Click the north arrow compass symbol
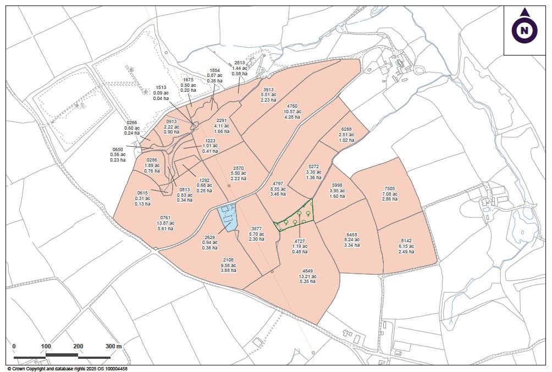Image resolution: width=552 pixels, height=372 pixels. (525, 29)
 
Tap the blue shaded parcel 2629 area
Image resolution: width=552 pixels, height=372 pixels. (229, 216)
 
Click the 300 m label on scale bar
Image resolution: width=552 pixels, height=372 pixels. (113, 346)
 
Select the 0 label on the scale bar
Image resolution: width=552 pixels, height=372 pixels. (14, 346)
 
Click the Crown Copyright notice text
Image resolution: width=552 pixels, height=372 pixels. (68, 369)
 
